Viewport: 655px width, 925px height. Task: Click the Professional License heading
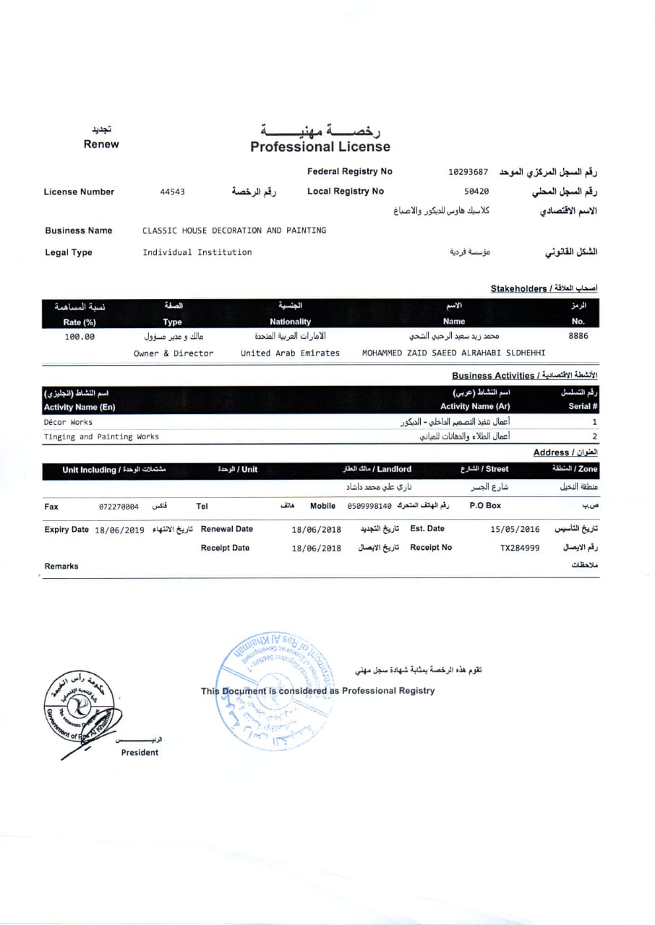320,147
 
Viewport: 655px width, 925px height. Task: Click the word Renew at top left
101,144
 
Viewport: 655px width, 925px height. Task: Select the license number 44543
172,192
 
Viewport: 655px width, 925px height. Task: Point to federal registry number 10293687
468,173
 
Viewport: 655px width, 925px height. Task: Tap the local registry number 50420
476,192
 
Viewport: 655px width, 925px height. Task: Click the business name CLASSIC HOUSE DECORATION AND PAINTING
234,231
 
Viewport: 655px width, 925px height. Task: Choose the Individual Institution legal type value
197,252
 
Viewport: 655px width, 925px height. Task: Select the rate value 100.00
80,337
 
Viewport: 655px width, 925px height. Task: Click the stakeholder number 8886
578,336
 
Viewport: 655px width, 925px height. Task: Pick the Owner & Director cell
174,353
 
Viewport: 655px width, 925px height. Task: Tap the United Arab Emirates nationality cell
290,353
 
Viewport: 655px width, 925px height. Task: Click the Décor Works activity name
68,422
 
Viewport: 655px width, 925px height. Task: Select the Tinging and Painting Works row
101,436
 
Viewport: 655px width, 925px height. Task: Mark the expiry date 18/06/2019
119,530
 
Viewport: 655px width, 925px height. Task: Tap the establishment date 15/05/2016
515,529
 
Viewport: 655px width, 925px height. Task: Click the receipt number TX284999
520,548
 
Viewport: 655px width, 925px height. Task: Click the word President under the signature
140,752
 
